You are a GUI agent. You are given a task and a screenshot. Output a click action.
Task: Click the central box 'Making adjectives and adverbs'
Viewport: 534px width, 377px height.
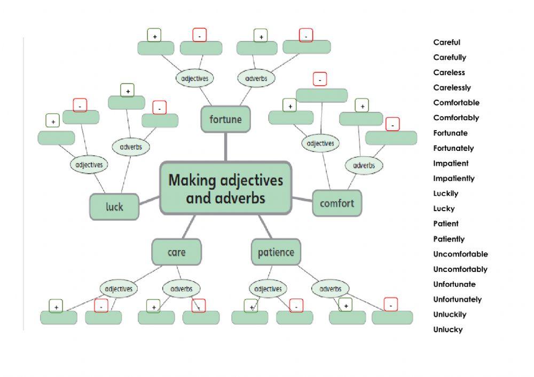226,188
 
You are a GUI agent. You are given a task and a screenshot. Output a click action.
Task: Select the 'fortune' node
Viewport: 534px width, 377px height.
225,119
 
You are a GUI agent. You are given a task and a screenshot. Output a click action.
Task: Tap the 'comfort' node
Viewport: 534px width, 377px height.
337,203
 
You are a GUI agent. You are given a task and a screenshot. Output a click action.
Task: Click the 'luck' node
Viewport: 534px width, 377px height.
114,206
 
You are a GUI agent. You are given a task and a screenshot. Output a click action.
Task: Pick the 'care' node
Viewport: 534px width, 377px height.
177,252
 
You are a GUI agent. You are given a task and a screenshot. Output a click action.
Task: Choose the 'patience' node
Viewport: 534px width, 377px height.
276,252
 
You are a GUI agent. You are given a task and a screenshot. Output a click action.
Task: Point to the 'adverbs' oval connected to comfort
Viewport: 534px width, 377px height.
364,165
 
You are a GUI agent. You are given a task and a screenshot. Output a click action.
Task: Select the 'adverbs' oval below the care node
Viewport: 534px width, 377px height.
182,289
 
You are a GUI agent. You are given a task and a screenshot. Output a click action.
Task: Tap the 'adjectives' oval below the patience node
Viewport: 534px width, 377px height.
268,289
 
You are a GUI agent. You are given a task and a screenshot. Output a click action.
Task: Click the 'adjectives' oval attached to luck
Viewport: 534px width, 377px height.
89,165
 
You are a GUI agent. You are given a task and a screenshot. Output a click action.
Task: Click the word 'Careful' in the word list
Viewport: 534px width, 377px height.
446,42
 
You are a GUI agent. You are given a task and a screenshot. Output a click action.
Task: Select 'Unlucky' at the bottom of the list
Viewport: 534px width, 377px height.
447,330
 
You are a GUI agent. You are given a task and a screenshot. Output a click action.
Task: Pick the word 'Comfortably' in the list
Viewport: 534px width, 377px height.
456,118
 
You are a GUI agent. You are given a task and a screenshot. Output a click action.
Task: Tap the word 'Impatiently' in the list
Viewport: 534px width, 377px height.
453,178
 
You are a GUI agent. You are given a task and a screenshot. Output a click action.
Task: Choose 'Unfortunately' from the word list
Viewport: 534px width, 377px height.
457,299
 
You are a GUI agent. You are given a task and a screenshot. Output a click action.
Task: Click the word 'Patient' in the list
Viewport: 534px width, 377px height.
445,223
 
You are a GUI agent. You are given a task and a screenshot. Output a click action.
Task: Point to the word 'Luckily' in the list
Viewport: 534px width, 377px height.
445,194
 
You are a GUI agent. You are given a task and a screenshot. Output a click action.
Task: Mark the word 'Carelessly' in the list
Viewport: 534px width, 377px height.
452,87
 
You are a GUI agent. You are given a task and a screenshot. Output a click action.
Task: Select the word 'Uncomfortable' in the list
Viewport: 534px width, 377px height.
460,254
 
